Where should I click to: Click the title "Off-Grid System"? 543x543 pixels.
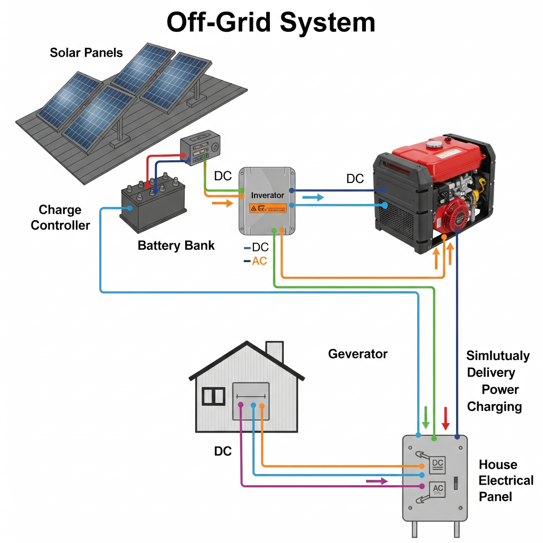click(271, 23)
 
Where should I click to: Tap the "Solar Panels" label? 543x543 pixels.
click(86, 52)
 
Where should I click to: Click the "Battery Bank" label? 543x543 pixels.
click(176, 245)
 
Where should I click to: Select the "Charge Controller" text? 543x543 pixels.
click(60, 217)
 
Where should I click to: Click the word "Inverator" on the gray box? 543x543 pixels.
click(268, 195)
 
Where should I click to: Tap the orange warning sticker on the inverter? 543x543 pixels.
click(268, 208)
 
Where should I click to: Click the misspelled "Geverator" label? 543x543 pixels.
click(358, 354)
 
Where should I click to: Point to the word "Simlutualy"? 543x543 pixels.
click(498, 355)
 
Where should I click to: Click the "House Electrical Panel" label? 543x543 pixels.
click(506, 480)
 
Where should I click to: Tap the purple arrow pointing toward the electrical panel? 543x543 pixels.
click(377, 481)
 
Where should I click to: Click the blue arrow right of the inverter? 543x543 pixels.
click(313, 198)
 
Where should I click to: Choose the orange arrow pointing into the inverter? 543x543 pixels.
click(222, 202)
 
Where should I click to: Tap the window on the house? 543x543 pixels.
click(214, 396)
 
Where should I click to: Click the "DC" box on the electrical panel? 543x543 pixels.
click(438, 465)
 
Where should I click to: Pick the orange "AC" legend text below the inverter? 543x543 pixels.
click(259, 261)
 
